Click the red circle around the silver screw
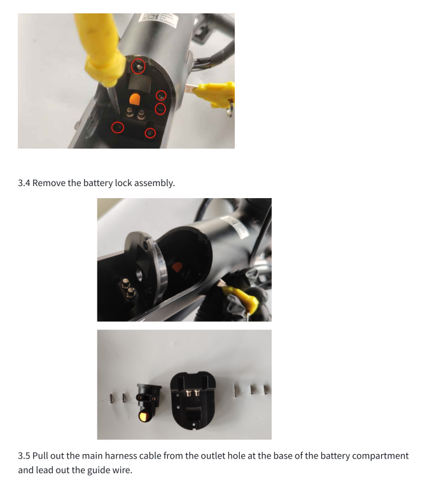tap(138, 67)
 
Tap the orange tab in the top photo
tap(135, 100)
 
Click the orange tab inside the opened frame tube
tap(177, 267)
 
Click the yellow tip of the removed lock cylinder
tap(144, 417)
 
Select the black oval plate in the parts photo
tap(193, 400)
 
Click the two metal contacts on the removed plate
tap(192, 392)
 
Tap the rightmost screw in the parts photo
tap(266, 390)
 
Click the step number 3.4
tap(24, 183)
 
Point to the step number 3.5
tap(24, 456)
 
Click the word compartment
tap(380, 457)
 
